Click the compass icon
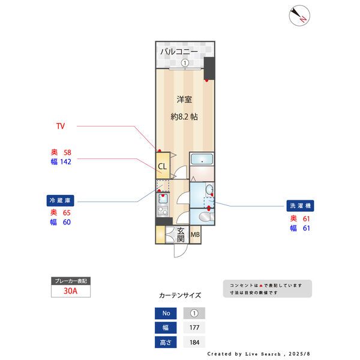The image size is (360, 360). pyautogui.click(x=299, y=16)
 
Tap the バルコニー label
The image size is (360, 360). pyautogui.click(x=179, y=52)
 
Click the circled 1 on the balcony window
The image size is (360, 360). pyautogui.click(x=185, y=63)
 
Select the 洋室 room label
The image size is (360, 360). pyautogui.click(x=184, y=99)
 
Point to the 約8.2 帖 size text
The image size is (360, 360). pyautogui.click(x=184, y=117)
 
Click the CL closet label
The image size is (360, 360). pyautogui.click(x=162, y=166)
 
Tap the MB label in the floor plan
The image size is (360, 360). pyautogui.click(x=196, y=235)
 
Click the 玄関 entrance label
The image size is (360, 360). pyautogui.click(x=181, y=235)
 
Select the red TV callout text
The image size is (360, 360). pyautogui.click(x=60, y=127)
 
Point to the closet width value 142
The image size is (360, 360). pyautogui.click(x=65, y=162)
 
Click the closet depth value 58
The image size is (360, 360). pyautogui.click(x=67, y=152)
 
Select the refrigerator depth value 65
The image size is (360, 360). pyautogui.click(x=67, y=212)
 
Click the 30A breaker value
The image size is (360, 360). pyautogui.click(x=71, y=291)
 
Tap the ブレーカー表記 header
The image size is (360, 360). pyautogui.click(x=71, y=280)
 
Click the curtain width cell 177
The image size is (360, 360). pyautogui.click(x=194, y=328)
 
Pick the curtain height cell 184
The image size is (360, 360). pyautogui.click(x=194, y=343)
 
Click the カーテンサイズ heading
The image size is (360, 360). pyautogui.click(x=180, y=295)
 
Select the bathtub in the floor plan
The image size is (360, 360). pyautogui.click(x=203, y=160)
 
